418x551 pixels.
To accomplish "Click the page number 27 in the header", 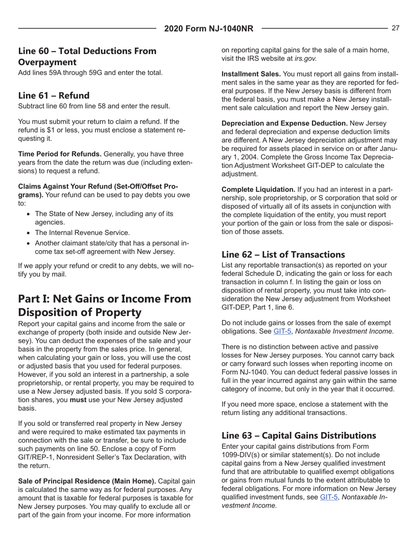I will (x=395, y=28).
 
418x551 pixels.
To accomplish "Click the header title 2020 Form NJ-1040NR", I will (x=209, y=29).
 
